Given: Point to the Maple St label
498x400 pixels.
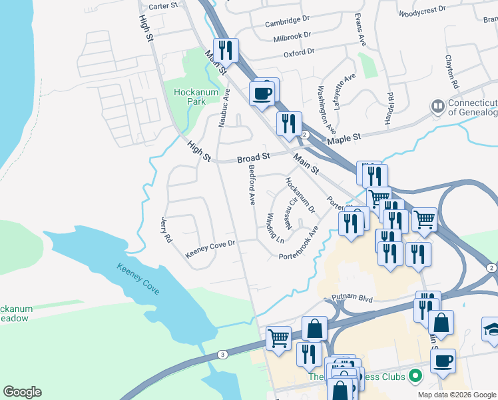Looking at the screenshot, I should click(344, 137).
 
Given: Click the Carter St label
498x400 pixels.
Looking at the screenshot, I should click(164, 5).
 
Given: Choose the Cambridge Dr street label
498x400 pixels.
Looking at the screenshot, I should click(288, 22).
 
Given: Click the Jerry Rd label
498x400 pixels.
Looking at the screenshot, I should click(166, 229).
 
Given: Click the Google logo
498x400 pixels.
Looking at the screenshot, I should click(22, 392).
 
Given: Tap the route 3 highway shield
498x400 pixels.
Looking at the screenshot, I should click(222, 354).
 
